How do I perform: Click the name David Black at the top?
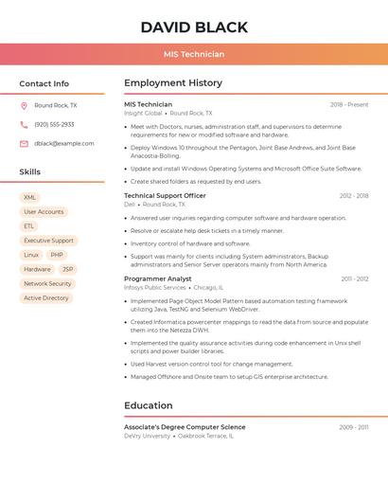(x=194, y=27)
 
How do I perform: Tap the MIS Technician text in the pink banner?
(x=194, y=54)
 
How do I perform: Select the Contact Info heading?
(x=44, y=83)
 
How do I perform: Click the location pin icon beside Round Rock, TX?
(x=24, y=105)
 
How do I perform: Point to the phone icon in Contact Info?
(x=24, y=124)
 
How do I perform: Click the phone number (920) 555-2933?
(x=54, y=124)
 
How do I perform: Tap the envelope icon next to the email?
(x=24, y=144)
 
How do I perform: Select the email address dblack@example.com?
(x=63, y=144)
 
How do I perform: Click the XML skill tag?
(x=30, y=197)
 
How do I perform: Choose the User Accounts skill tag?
(x=44, y=212)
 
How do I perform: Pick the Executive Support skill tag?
(x=48, y=241)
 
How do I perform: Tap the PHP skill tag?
(x=57, y=255)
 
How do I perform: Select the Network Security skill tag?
(x=47, y=283)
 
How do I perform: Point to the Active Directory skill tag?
(x=46, y=297)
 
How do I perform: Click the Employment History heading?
(x=173, y=83)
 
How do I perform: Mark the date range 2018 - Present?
(x=348, y=104)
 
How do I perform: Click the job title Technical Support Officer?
(x=165, y=195)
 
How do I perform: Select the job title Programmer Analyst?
(x=157, y=278)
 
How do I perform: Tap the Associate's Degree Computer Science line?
(x=185, y=427)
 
